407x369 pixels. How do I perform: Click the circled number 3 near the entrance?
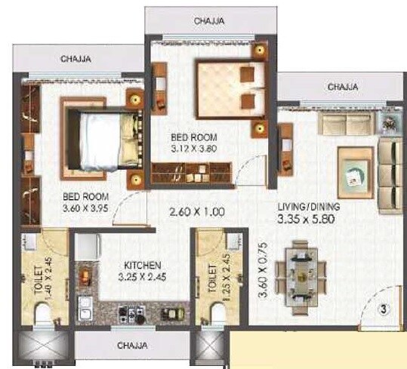coord(383,309)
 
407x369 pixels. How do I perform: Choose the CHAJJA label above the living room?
coord(344,88)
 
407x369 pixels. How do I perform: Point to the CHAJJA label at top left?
coord(76,56)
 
